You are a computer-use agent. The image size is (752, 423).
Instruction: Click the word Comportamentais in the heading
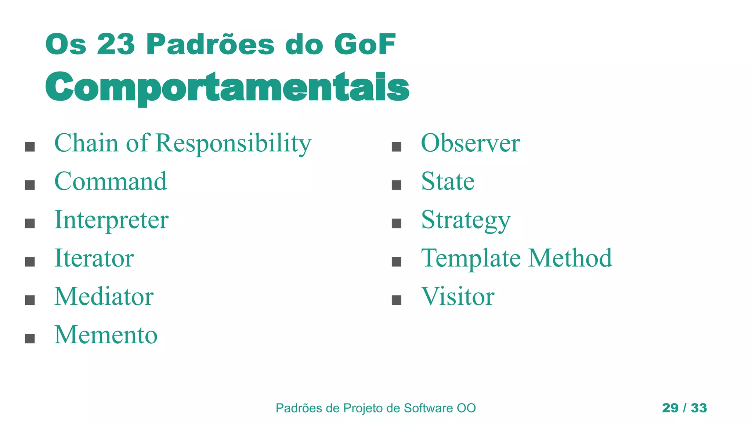click(227, 87)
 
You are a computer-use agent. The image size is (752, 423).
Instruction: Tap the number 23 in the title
click(116, 44)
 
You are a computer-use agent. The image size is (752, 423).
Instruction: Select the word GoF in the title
click(365, 44)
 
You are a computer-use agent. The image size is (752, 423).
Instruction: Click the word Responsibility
click(234, 143)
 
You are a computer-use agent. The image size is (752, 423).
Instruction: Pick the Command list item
click(111, 181)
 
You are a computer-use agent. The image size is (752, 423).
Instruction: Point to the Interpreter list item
click(111, 220)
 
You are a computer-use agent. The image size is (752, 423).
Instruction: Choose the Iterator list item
click(94, 258)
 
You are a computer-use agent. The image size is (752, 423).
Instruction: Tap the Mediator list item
click(104, 296)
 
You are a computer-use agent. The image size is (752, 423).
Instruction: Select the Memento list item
click(106, 335)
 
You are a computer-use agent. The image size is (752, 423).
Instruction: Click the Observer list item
click(470, 143)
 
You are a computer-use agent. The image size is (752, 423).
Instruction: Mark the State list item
click(448, 181)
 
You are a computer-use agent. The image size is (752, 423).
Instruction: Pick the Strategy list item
click(466, 220)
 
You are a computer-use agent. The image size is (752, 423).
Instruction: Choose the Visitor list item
click(458, 296)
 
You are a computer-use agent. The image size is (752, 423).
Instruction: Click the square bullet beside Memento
click(30, 338)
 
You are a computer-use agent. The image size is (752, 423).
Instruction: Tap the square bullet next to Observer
click(396, 147)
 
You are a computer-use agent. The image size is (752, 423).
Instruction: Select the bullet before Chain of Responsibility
click(30, 147)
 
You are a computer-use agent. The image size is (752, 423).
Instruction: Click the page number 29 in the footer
click(670, 408)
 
